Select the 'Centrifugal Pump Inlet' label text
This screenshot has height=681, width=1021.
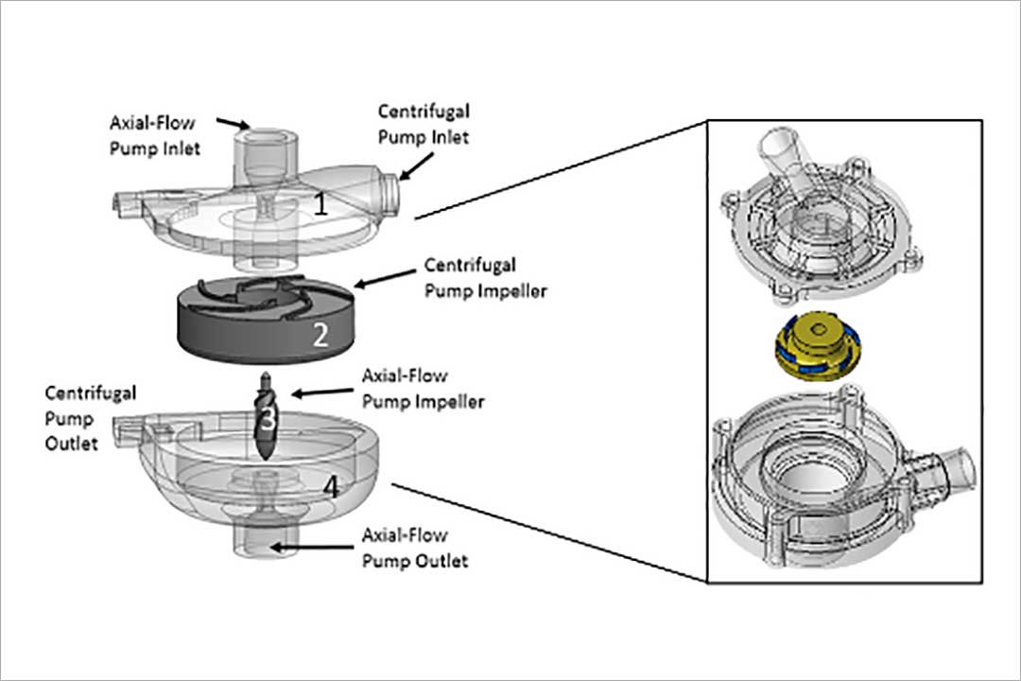[x=424, y=124]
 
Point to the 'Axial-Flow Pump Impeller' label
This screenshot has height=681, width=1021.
[x=423, y=389]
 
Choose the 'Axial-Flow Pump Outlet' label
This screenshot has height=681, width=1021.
[x=415, y=548]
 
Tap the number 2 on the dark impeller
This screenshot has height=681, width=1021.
[x=320, y=335]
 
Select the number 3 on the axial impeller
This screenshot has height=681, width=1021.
[x=268, y=419]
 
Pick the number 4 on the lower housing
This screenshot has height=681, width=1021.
[x=331, y=488]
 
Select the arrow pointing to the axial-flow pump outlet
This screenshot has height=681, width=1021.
[x=312, y=546]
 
